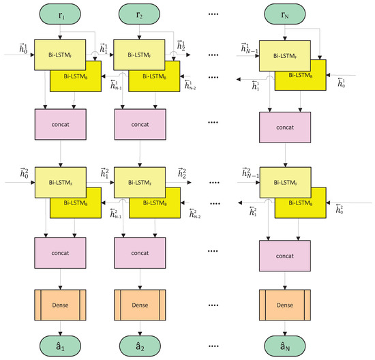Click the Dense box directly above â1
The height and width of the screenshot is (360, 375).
pos(63,301)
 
